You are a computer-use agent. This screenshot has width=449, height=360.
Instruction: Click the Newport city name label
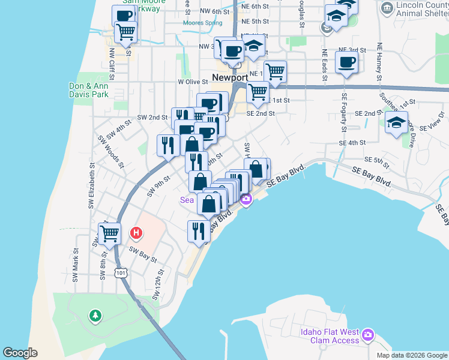pos(230,78)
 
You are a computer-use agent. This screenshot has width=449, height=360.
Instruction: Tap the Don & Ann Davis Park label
pos(88,90)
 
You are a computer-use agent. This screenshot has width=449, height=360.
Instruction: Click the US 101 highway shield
pos(121,273)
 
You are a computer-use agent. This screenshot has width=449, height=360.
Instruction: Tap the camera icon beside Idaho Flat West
pos(368,333)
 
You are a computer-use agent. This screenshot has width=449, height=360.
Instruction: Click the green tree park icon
pos(94,315)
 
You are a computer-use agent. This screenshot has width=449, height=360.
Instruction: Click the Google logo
pos(20,353)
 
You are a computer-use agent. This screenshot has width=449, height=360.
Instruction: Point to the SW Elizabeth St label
pos(92,185)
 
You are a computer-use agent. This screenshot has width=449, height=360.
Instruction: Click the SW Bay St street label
pos(143,256)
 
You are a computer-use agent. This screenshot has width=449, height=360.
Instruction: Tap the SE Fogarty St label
pos(344,112)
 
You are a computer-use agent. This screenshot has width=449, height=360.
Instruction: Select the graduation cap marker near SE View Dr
pos(396,124)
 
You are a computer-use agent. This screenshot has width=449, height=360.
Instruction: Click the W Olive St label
pos(191,82)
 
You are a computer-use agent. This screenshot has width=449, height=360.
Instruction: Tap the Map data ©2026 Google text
pos(411,355)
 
